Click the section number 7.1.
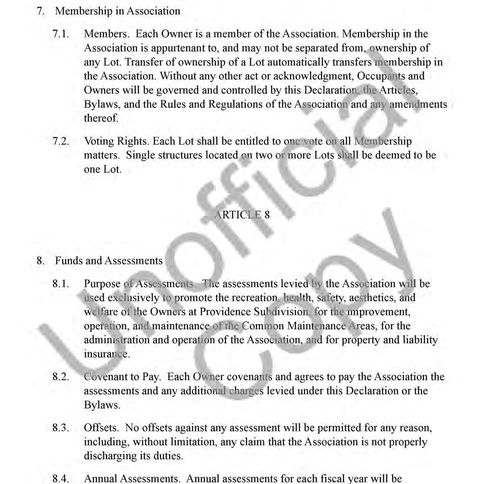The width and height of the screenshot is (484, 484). point(61,34)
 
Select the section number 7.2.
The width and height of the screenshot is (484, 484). point(61,141)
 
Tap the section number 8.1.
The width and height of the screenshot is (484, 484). point(61,284)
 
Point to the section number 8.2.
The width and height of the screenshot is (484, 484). point(61,377)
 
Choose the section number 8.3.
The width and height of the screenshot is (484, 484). point(61,428)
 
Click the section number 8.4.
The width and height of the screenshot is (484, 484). point(61,479)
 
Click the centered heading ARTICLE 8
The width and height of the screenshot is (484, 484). point(242,215)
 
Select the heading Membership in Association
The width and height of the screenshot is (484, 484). point(118,11)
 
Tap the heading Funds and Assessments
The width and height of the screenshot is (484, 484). point(109,261)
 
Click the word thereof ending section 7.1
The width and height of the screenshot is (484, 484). point(101,118)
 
